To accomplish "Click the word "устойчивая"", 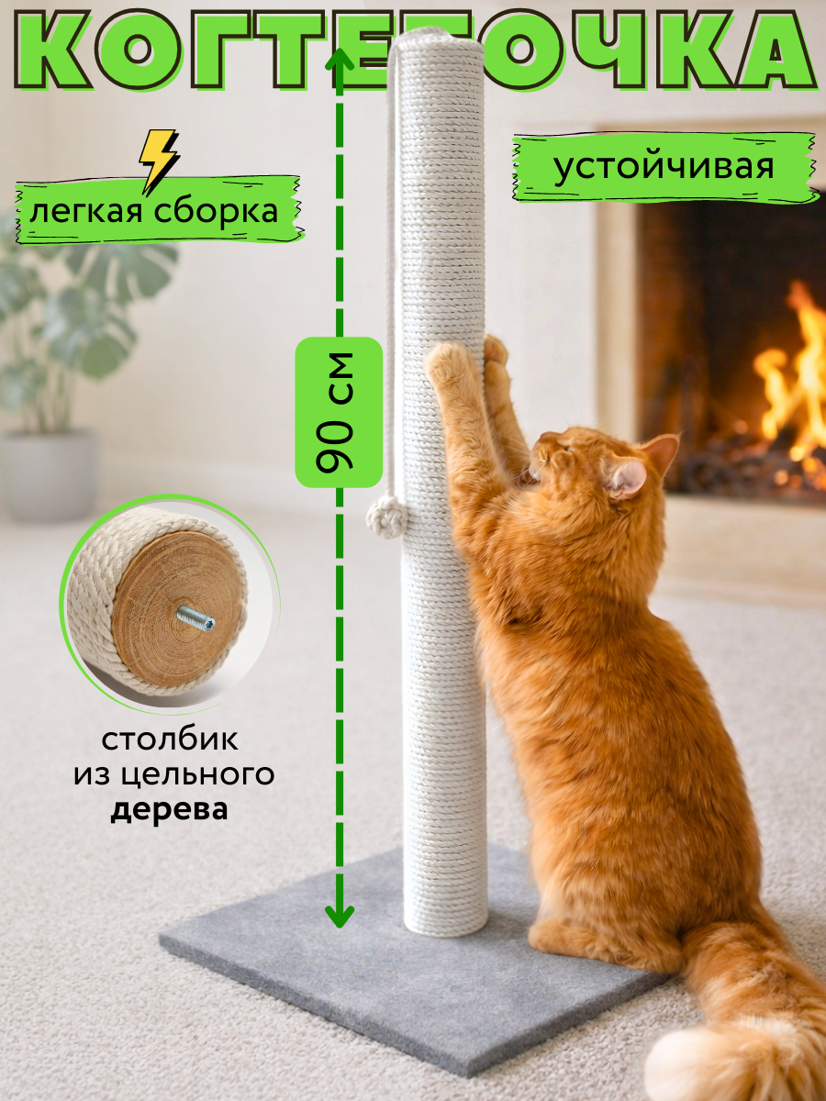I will tap(663, 166).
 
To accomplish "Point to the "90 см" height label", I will tap(338, 412).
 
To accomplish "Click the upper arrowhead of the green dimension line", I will tap(340, 61).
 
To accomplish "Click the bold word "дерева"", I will tap(170, 811).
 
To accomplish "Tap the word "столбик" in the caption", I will tap(170, 739).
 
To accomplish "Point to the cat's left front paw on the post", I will tap(450, 362).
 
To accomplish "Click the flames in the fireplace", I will tap(791, 376).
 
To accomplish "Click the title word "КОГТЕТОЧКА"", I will tap(413, 50).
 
